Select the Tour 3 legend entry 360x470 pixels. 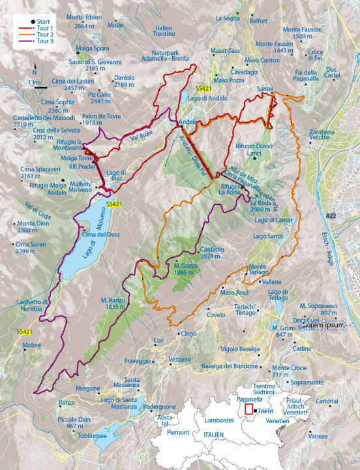click(x=38, y=40)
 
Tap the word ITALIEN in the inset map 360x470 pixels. click(x=213, y=434)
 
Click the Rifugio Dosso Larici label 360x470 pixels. click(x=253, y=149)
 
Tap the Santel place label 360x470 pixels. click(x=264, y=88)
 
